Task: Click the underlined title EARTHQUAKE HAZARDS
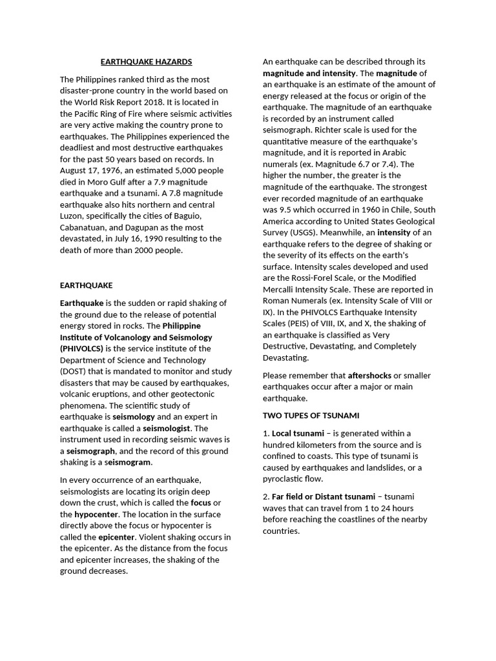click(x=147, y=62)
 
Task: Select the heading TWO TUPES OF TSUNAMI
click(x=311, y=415)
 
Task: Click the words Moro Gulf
click(x=107, y=181)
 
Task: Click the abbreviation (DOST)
click(x=76, y=371)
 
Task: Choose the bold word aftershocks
click(x=369, y=375)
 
